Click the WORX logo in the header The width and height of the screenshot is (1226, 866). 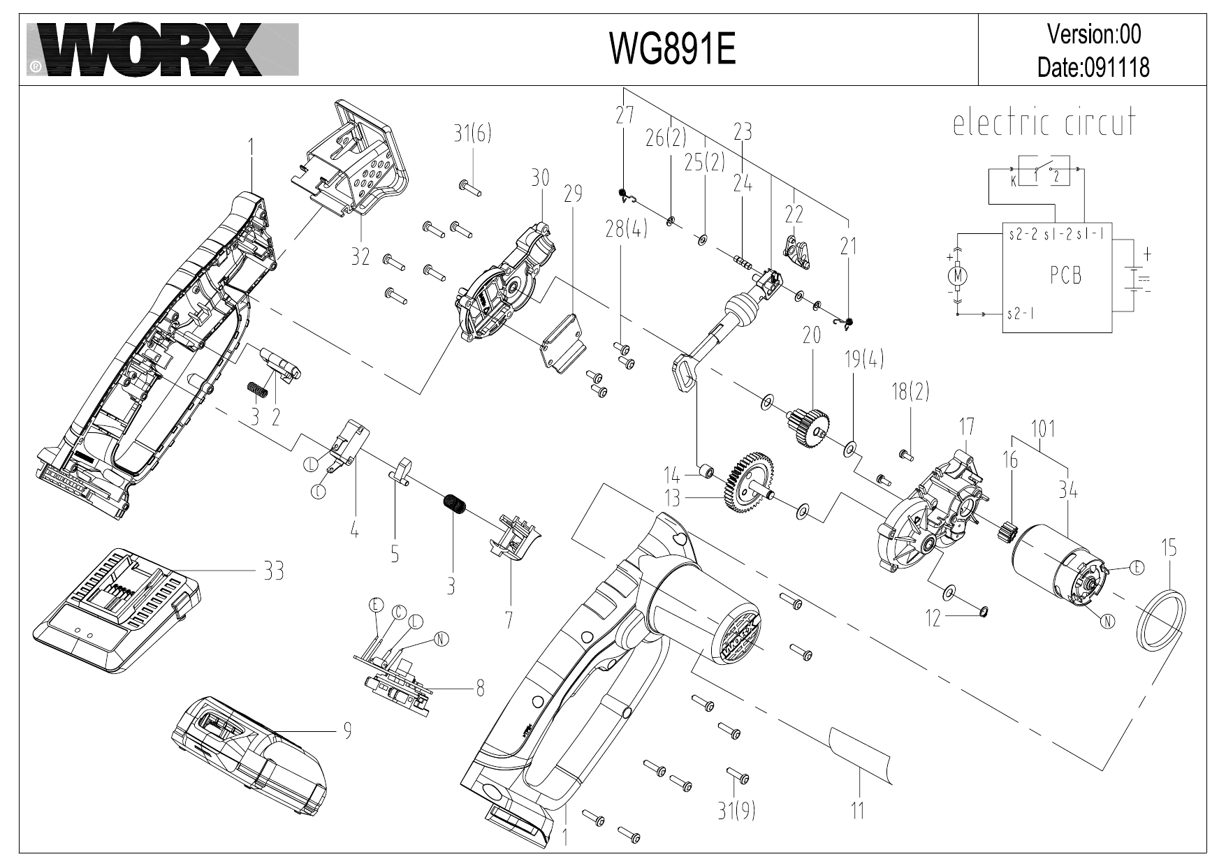162,49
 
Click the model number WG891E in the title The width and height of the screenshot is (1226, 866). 673,50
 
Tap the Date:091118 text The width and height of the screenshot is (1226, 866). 1093,68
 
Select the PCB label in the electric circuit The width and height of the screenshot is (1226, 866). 1065,276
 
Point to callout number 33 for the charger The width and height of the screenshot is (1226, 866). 273,571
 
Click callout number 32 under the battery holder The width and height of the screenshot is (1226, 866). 360,256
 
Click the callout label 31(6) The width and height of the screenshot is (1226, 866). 472,134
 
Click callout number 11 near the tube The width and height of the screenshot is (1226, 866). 857,810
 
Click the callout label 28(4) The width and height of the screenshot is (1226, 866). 626,230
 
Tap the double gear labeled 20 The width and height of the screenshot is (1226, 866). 810,423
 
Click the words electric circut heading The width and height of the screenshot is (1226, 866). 1044,124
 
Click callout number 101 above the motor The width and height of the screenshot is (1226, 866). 1042,428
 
